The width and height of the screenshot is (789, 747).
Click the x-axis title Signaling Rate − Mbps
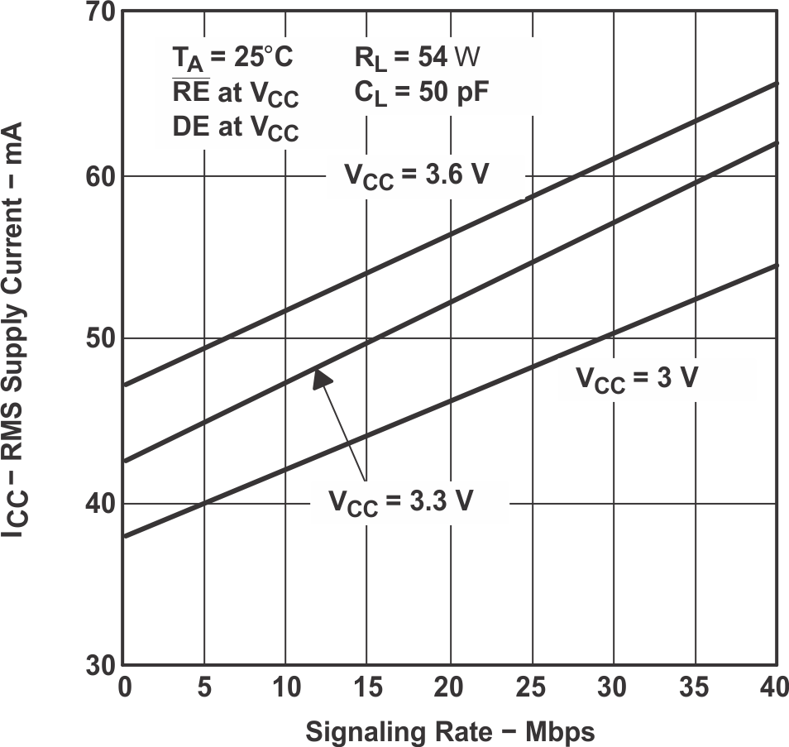450,731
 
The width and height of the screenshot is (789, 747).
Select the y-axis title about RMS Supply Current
17,331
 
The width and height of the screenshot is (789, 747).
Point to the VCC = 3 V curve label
638,380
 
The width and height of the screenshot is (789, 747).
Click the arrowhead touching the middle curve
323,377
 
